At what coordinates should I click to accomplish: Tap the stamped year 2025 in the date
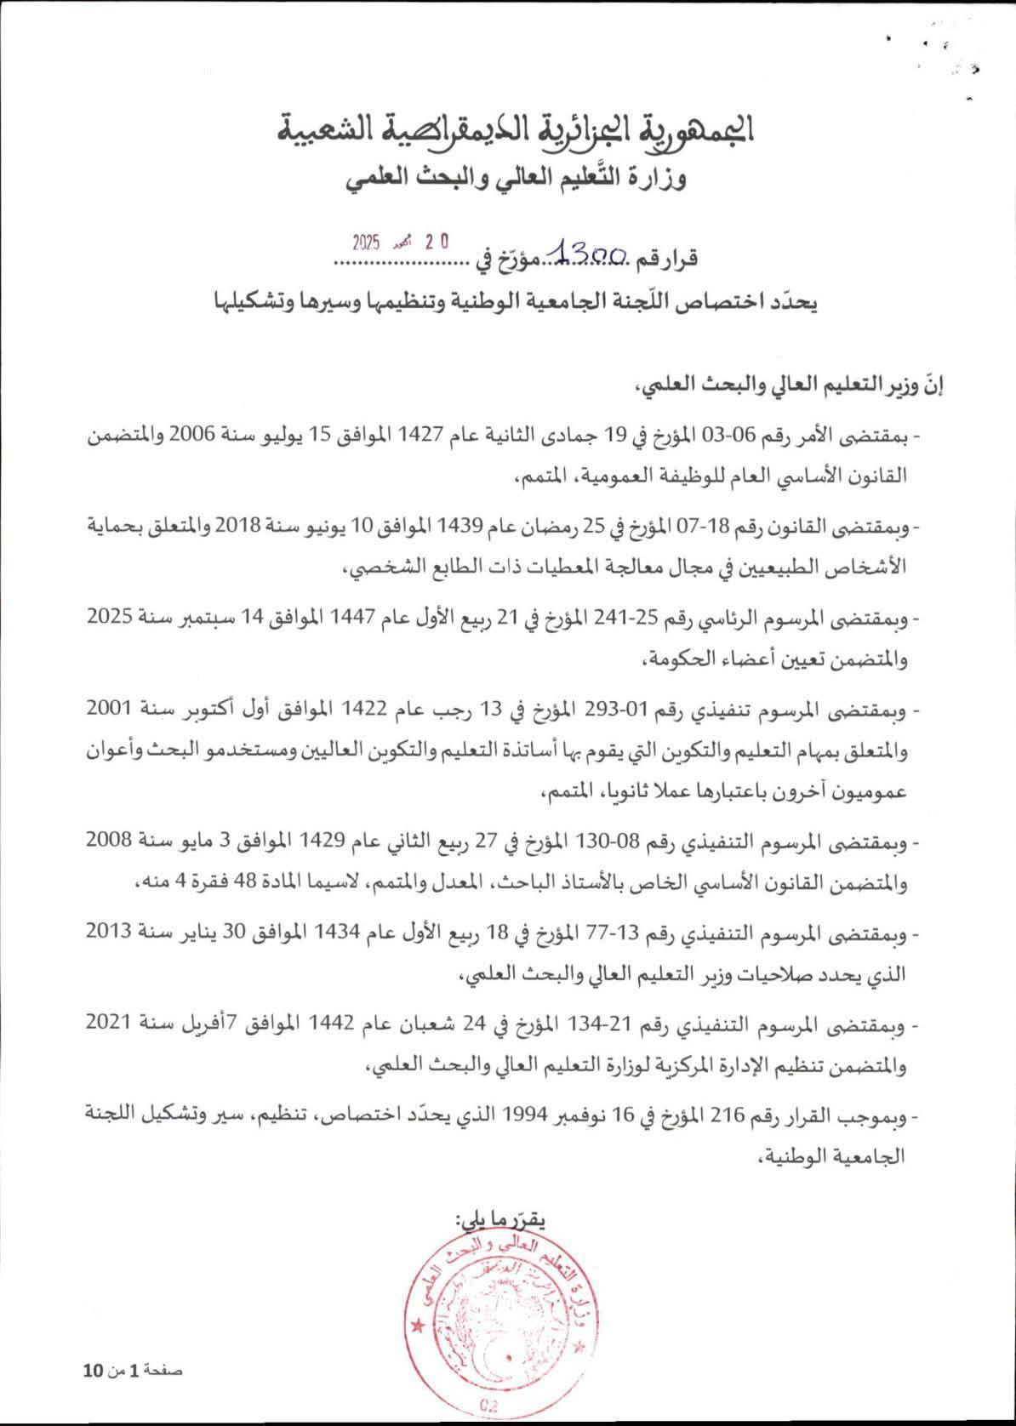[x=366, y=242]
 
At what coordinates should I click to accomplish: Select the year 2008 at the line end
[x=111, y=844]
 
